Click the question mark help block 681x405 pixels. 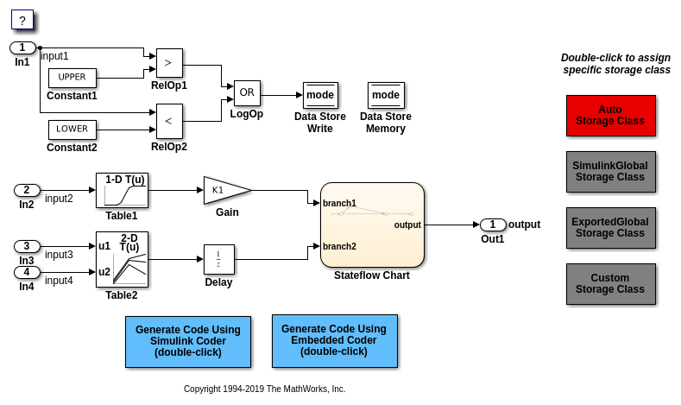[22, 20]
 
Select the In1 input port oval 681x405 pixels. [23, 48]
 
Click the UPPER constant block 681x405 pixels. [72, 78]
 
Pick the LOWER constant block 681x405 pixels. [72, 130]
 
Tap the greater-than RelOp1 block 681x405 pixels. [169, 63]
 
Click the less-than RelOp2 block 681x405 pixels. [169, 121]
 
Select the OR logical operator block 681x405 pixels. [247, 93]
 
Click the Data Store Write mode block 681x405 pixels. [320, 95]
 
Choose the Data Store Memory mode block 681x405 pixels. [386, 95]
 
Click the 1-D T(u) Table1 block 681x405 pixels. [122, 190]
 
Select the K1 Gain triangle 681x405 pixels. [224, 190]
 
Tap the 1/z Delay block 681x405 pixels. [218, 259]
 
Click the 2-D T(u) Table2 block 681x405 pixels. [122, 259]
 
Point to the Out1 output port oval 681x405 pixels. [493, 225]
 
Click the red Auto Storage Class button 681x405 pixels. [610, 116]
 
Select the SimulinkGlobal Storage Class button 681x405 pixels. [610, 172]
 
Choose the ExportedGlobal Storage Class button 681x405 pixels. [610, 228]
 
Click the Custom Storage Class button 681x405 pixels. [610, 284]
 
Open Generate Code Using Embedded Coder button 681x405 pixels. [334, 341]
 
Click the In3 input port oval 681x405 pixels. [27, 247]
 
